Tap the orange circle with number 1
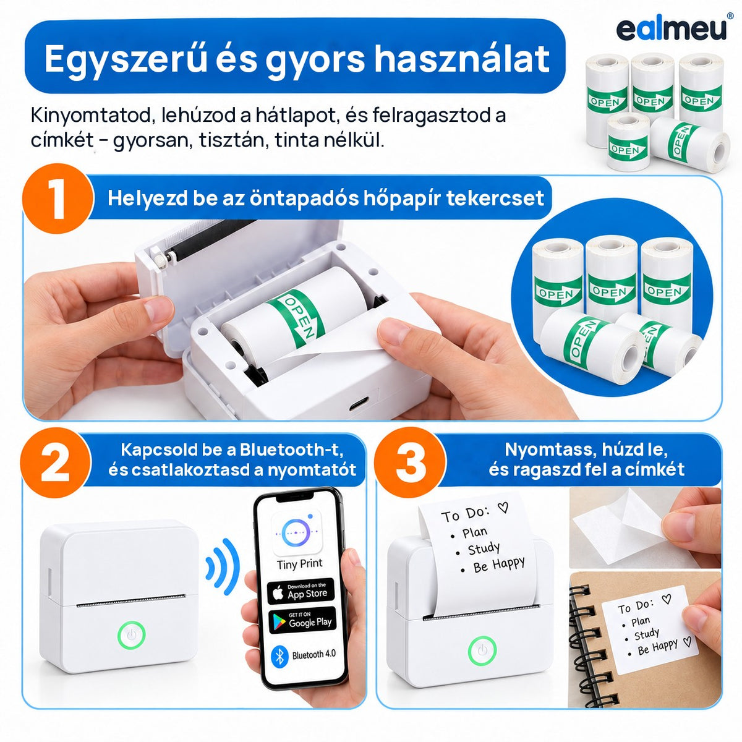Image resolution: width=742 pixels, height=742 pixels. click(58, 198)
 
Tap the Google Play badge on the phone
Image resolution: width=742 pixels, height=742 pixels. click(302, 620)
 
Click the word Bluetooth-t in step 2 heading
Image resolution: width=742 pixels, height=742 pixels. click(291, 450)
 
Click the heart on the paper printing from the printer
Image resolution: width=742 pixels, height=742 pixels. click(503, 508)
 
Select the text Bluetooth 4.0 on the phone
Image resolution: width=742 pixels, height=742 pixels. click(314, 654)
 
